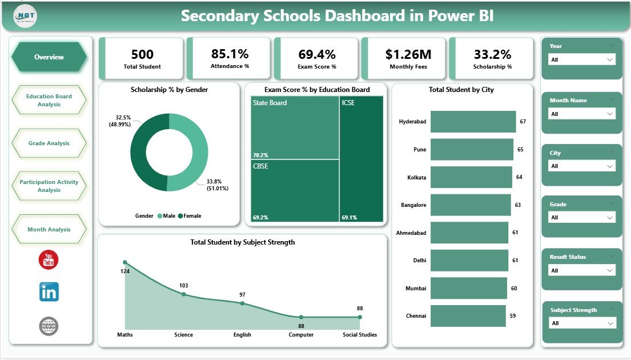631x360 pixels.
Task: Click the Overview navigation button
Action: pos(49,57)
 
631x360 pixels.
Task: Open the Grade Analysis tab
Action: pos(49,143)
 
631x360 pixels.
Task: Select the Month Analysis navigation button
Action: pos(49,229)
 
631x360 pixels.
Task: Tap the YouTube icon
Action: pos(49,259)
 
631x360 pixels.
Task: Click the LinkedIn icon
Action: pos(49,292)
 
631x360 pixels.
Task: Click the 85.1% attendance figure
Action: pos(230,54)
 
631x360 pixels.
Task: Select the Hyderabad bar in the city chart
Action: pos(473,122)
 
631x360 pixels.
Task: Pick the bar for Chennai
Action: pos(468,315)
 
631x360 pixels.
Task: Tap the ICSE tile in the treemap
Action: pos(361,158)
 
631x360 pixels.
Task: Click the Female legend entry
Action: pos(189,216)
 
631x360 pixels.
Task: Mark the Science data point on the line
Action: pos(184,294)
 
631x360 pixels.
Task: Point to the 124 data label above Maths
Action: pos(125,271)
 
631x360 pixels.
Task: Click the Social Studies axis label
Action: pos(360,335)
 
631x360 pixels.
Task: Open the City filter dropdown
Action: pos(581,166)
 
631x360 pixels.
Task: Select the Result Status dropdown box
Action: pos(581,270)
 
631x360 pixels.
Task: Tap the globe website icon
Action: pos(49,326)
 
